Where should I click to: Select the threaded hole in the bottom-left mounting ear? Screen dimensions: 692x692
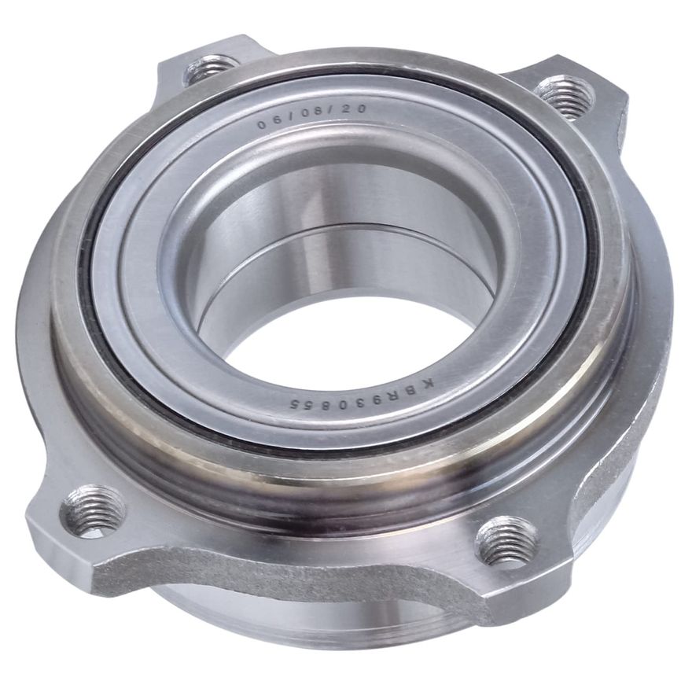[93, 510]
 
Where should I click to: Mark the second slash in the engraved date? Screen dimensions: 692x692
[333, 112]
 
